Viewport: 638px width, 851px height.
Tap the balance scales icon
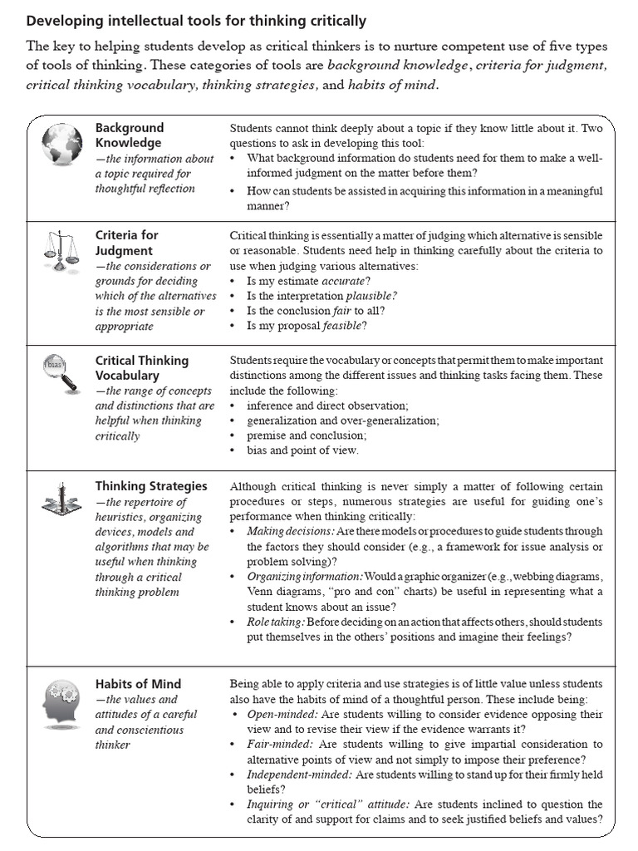pos(61,252)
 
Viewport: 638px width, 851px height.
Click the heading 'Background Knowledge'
pos(130,135)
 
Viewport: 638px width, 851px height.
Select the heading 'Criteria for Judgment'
pos(126,243)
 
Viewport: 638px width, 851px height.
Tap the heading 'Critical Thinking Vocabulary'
pos(142,368)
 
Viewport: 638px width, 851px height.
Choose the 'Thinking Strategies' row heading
pos(151,486)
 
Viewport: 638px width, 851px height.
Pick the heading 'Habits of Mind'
pos(138,684)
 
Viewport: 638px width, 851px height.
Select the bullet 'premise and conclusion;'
pos(307,435)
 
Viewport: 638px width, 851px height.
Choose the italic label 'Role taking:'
pos(277,622)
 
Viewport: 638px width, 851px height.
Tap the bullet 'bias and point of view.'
pos(302,450)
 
